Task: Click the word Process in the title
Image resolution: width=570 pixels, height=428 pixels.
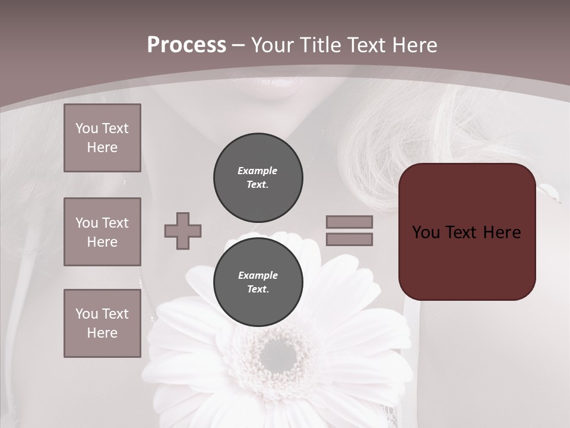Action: click(186, 45)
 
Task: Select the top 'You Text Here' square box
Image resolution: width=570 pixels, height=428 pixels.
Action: click(102, 138)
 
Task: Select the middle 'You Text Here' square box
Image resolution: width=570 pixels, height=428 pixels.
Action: click(102, 232)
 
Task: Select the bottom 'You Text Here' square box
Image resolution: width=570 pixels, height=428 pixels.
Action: click(102, 323)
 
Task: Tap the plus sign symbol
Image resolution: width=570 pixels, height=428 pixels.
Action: click(183, 231)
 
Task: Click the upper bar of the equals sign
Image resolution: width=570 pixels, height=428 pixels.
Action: click(349, 222)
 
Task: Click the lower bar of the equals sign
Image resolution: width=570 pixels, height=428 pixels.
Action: click(349, 240)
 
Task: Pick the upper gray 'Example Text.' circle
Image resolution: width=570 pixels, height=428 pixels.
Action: click(258, 178)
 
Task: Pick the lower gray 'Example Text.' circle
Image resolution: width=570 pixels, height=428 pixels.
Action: click(258, 282)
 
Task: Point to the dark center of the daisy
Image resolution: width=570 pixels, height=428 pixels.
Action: click(278, 355)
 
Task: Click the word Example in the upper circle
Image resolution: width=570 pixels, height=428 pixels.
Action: click(257, 171)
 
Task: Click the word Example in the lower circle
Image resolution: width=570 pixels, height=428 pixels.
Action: click(258, 275)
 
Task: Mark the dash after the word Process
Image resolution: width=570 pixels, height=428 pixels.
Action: click(238, 46)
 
